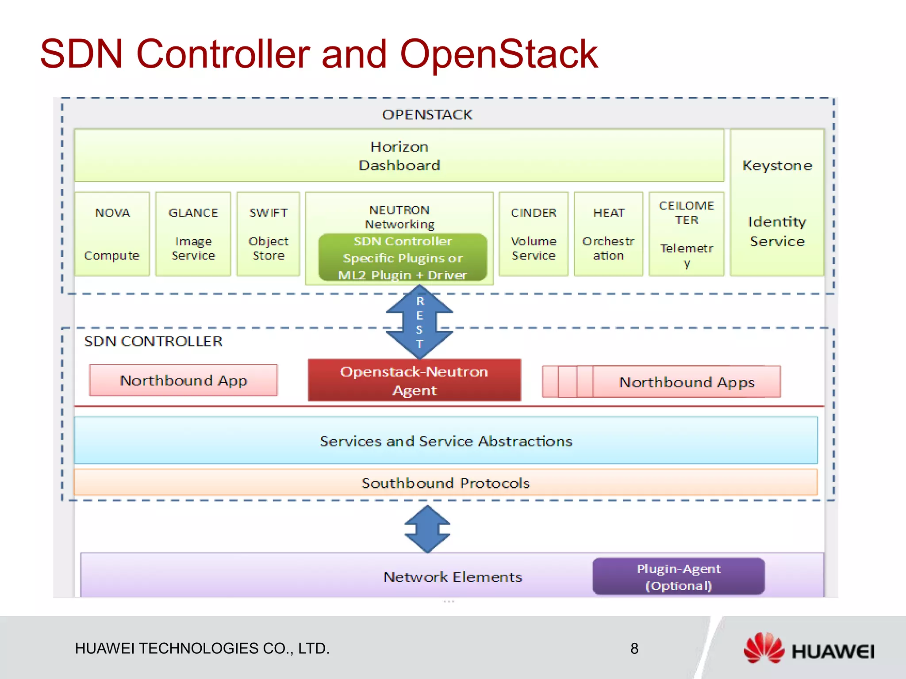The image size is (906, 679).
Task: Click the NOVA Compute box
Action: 112,234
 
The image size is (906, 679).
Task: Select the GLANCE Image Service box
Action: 193,234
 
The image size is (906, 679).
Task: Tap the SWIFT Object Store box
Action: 268,234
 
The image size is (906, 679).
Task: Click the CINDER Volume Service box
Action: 533,234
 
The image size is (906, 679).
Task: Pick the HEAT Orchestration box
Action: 608,234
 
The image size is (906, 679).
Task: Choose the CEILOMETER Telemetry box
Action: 686,234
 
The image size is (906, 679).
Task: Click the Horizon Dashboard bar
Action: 399,156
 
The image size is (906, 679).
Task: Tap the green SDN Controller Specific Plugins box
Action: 403,258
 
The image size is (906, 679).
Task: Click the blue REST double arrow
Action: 419,322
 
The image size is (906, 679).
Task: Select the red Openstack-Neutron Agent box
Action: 415,381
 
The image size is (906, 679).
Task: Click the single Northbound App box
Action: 183,381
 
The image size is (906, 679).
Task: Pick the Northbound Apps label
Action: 687,382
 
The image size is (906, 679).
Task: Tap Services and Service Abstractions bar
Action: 445,441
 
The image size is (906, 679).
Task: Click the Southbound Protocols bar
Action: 445,483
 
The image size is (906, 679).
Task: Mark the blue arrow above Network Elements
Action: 427,529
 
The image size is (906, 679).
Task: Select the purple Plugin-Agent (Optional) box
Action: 679,577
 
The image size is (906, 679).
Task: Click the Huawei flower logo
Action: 764,648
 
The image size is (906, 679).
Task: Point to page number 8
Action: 634,648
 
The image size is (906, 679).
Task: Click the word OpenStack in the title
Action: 499,54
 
